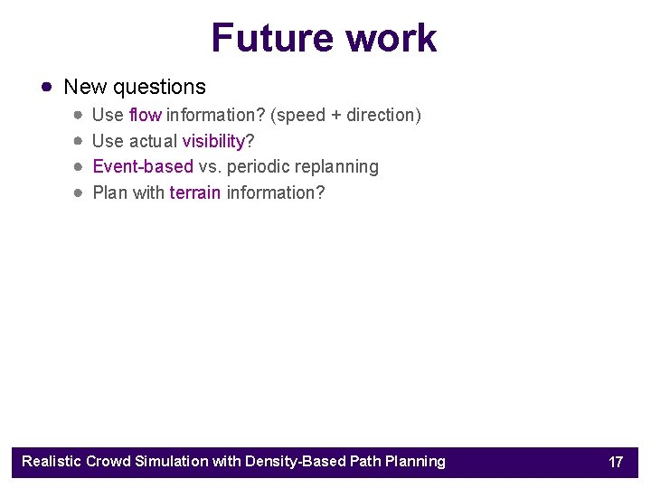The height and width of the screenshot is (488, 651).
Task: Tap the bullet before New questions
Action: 46,87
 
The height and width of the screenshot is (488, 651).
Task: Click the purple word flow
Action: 145,115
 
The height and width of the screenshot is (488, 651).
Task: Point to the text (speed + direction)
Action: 345,115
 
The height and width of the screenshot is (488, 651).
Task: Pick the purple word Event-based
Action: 143,166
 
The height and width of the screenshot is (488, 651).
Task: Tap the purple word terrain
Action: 195,192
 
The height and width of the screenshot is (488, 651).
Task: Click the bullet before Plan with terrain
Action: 80,192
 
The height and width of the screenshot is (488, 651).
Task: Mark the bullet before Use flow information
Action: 80,115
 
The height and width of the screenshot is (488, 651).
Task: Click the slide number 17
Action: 616,462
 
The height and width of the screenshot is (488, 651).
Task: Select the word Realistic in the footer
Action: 52,462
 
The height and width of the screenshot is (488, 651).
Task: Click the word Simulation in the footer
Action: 172,462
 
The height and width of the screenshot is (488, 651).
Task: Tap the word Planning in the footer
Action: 415,462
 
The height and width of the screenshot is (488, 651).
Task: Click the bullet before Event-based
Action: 80,167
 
